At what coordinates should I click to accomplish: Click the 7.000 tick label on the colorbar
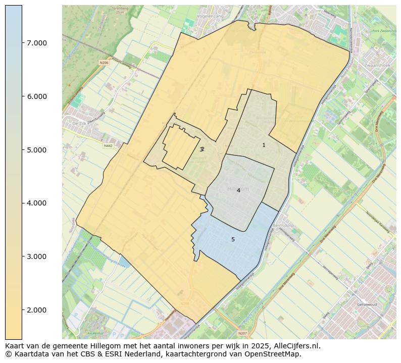point(36,43)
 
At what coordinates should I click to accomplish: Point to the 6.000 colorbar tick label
point(36,96)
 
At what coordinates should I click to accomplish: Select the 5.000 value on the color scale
point(36,150)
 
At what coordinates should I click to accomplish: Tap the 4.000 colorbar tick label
point(36,203)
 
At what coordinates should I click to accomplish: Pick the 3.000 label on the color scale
point(36,256)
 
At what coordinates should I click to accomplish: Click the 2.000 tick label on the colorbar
point(36,310)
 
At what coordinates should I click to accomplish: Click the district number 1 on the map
point(264,145)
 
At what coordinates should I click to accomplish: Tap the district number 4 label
point(238,191)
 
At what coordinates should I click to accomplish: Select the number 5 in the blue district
point(233,240)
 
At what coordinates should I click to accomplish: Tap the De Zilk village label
point(80,124)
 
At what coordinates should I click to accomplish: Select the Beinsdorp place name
point(283,226)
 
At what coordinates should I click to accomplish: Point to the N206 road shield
point(104,63)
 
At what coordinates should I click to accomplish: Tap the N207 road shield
point(243,333)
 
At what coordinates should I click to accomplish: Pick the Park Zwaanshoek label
point(382,31)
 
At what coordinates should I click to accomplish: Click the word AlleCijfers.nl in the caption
point(294,346)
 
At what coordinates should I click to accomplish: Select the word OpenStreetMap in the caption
point(276,354)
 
